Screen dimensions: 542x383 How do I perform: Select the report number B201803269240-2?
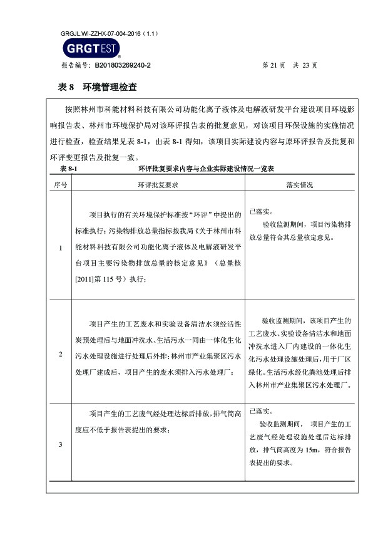pyautogui.click(x=123, y=65)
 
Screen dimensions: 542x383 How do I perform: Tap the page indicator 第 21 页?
pyautogui.click(x=274, y=65)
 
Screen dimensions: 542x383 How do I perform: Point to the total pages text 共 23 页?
pyautogui.click(x=306, y=65)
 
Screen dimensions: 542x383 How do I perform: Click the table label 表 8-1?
pyautogui.click(x=68, y=170)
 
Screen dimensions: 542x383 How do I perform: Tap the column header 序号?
pyautogui.click(x=61, y=185)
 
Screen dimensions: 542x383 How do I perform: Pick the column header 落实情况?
pyautogui.click(x=300, y=185)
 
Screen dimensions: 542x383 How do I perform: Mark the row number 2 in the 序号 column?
pyautogui.click(x=61, y=355)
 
